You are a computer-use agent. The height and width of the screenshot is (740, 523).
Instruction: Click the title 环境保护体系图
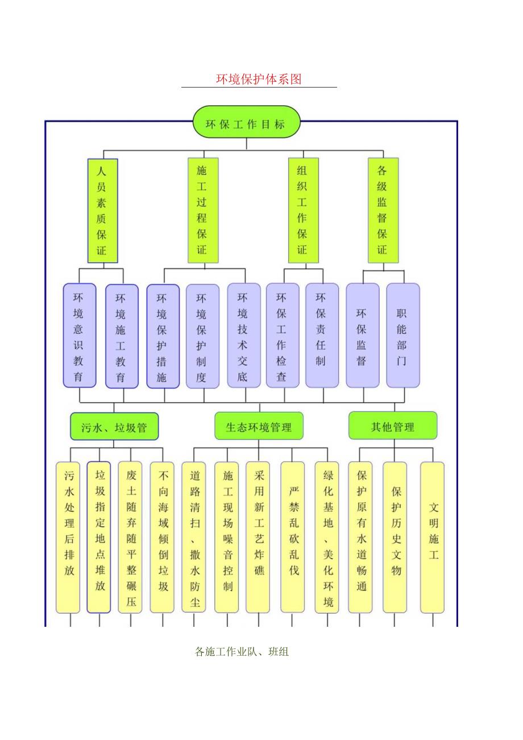[259, 80]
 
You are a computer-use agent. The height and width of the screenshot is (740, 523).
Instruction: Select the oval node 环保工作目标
[246, 122]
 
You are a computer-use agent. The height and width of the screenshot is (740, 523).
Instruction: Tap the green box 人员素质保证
[102, 210]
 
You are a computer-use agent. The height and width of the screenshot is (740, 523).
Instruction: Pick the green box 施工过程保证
[202, 210]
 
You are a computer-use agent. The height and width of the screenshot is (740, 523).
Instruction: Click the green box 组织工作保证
[302, 210]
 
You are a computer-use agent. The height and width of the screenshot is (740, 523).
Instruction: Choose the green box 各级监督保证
[383, 210]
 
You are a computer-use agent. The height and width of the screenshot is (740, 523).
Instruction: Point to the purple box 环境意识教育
[79, 336]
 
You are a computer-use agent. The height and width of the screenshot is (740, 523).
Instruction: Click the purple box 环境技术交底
[243, 336]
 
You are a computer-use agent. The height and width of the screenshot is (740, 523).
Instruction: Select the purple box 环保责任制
[322, 336]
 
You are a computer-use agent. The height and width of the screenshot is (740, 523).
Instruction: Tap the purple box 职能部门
[402, 336]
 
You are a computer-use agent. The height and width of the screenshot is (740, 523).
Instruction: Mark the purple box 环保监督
[362, 336]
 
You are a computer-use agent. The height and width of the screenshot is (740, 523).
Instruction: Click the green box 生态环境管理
[259, 426]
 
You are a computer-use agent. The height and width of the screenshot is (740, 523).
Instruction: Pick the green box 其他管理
[392, 426]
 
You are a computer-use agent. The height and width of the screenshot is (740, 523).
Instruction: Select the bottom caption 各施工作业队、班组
[242, 652]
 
